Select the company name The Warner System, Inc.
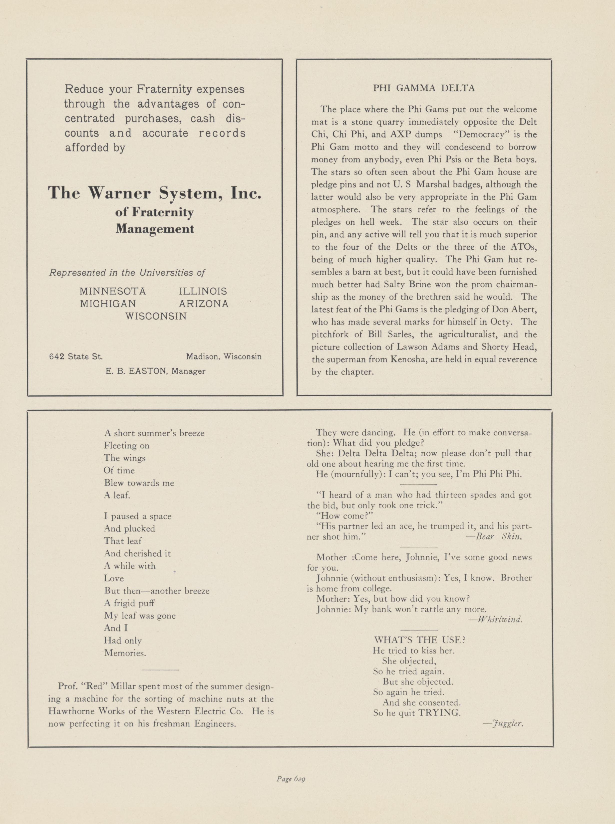click(x=154, y=193)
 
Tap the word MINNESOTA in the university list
click(x=113, y=291)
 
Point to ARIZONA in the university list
click(x=204, y=304)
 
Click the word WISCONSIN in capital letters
click(x=156, y=316)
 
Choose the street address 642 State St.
click(x=76, y=356)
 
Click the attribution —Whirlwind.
click(x=496, y=620)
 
